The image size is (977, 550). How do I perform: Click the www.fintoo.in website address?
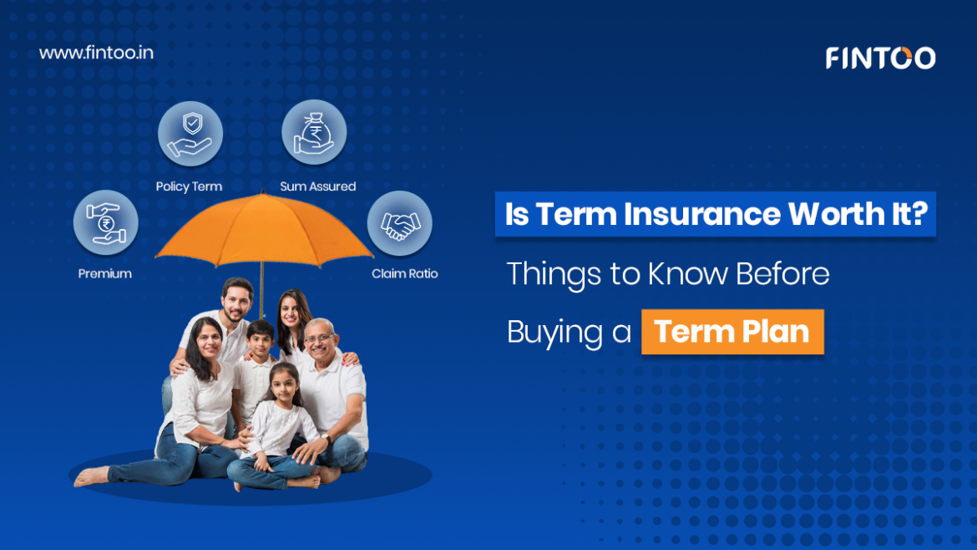tap(96, 53)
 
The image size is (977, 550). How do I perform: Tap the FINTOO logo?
tap(880, 58)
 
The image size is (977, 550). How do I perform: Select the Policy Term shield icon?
tap(190, 134)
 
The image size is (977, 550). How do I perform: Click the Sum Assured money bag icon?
tap(314, 132)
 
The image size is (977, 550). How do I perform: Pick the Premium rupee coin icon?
tap(106, 222)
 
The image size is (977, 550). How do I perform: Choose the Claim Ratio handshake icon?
tap(399, 223)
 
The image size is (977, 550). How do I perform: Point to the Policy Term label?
tap(189, 186)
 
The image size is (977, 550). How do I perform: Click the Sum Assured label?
tap(318, 186)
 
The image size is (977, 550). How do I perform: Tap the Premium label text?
tap(104, 274)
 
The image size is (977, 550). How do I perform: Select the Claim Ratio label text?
tap(404, 274)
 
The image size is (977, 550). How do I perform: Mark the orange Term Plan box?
tap(733, 332)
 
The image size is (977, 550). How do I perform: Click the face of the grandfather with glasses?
tap(320, 340)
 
